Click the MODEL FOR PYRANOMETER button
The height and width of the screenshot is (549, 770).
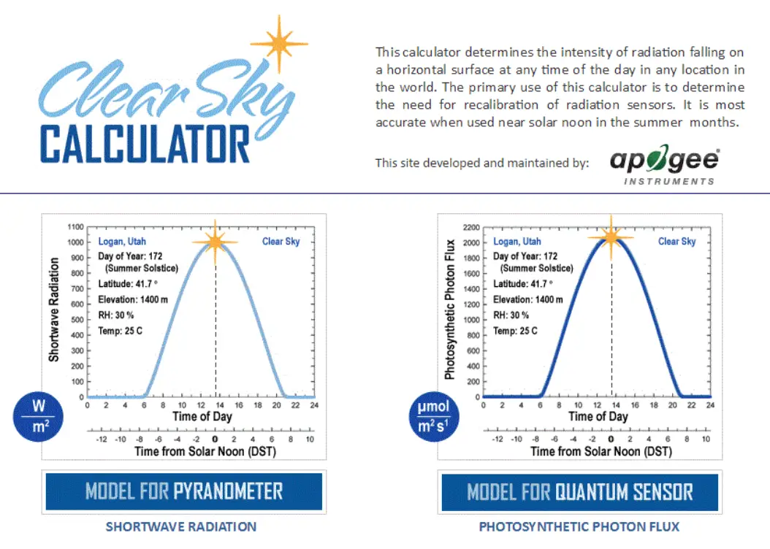(x=184, y=491)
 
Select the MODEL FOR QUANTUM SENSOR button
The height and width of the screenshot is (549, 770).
(x=579, y=491)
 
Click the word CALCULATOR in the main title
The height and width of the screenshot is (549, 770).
(x=145, y=144)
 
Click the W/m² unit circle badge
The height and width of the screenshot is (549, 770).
(x=38, y=416)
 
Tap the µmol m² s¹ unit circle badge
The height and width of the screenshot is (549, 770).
(x=433, y=417)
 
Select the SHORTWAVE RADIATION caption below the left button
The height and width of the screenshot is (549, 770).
(x=181, y=526)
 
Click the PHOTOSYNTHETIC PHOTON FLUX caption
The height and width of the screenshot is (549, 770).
(x=579, y=526)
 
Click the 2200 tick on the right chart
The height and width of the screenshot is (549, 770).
(x=470, y=227)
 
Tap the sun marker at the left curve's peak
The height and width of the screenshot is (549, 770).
(x=215, y=242)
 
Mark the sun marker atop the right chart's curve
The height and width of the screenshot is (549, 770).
(x=611, y=235)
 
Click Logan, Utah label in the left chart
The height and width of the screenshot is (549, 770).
(x=122, y=242)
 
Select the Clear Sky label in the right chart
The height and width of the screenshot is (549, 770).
(x=677, y=242)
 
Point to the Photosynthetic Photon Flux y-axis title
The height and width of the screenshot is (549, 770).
(x=450, y=309)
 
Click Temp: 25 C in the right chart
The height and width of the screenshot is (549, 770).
(x=515, y=331)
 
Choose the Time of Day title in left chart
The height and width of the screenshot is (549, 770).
(x=202, y=416)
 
